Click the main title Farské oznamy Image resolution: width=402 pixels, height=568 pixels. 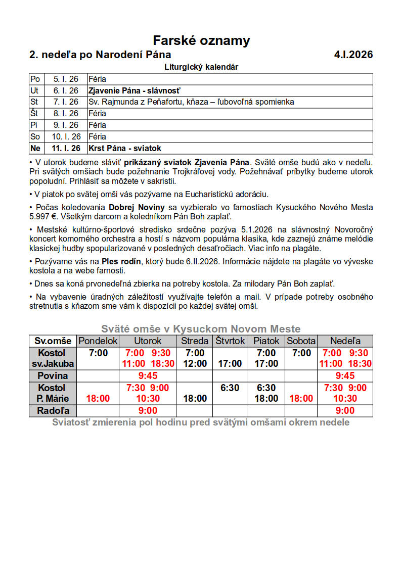pos(201,41)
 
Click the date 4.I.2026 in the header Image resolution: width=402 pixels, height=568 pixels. pos(353,55)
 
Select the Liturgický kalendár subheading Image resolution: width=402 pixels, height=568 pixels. pos(201,67)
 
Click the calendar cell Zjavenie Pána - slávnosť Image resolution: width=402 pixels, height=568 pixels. pos(135,91)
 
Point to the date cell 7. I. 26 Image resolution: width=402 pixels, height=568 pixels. pos(66,102)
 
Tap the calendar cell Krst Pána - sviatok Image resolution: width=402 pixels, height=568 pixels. pos(124,149)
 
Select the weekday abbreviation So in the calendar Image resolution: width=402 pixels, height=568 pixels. pos(35,137)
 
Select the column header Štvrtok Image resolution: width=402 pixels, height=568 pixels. pos(230,341)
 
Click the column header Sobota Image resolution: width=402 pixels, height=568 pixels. pos(301,341)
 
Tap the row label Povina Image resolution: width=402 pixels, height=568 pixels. pos(53,376)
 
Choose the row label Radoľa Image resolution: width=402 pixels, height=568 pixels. pos(53,411)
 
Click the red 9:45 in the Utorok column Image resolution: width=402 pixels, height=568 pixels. pos(148,376)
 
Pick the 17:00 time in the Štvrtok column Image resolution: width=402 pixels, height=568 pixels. pos(230,363)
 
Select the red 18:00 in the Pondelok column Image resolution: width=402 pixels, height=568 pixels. pos(98,399)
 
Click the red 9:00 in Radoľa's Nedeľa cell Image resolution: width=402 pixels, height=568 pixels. pos(345,411)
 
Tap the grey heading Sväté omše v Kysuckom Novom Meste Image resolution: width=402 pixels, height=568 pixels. pos(201,329)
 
